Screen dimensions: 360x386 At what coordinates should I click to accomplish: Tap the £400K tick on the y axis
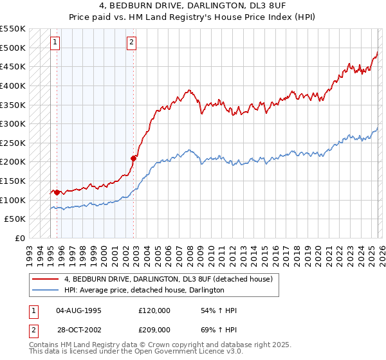(x=14, y=85)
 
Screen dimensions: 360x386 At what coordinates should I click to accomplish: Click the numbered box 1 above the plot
(x=55, y=43)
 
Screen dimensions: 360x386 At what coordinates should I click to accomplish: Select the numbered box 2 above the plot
(x=131, y=43)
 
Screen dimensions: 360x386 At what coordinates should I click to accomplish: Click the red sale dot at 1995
(x=57, y=192)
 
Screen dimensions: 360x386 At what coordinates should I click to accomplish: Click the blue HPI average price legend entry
(x=143, y=290)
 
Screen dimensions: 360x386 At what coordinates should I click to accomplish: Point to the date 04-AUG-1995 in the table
(x=78, y=310)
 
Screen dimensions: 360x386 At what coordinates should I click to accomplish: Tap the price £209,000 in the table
(x=154, y=329)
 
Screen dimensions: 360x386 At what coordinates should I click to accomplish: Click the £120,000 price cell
(x=154, y=310)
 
